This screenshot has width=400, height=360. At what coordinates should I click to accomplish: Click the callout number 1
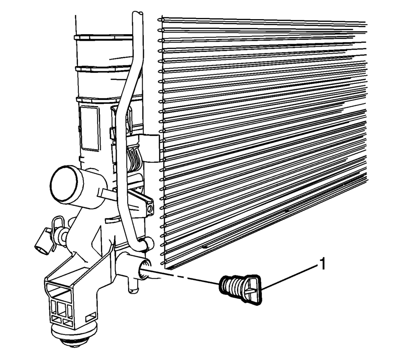(x=322, y=264)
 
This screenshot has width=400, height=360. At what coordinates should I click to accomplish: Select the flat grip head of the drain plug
(x=252, y=290)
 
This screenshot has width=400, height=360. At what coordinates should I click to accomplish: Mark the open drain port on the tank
(x=144, y=270)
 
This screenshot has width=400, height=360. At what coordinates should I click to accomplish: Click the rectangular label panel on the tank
(x=90, y=128)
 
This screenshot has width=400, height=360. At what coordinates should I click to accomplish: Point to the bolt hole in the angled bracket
(x=150, y=209)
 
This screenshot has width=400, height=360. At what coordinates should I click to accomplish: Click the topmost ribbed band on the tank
(x=103, y=37)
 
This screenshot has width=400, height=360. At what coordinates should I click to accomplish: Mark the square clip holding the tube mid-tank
(x=149, y=148)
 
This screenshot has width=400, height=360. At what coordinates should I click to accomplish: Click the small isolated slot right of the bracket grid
(x=91, y=318)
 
